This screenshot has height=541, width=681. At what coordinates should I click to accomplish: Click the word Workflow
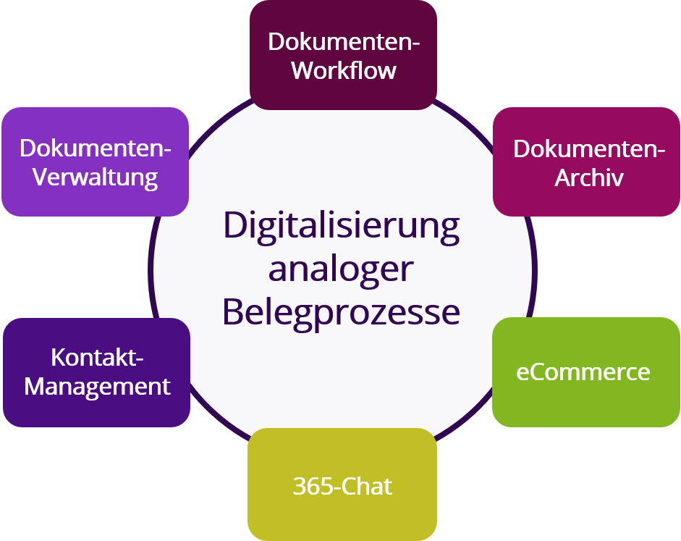coord(343,71)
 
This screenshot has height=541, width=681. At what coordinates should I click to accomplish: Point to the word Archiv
coord(588,178)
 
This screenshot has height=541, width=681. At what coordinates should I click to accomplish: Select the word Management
coord(97,386)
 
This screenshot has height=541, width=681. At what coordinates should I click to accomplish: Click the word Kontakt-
coord(98,358)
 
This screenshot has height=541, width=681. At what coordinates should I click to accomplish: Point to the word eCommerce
coord(583,372)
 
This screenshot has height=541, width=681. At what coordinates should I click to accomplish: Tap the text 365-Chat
coord(342,486)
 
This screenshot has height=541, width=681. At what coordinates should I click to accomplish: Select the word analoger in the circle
coord(341,269)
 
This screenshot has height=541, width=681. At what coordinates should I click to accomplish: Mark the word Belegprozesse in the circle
coord(341,312)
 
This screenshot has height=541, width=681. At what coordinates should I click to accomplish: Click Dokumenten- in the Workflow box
coord(344,42)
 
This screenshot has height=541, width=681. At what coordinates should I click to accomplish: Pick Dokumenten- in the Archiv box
coord(589,150)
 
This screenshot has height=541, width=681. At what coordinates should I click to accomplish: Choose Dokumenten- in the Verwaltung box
coord(96,148)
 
